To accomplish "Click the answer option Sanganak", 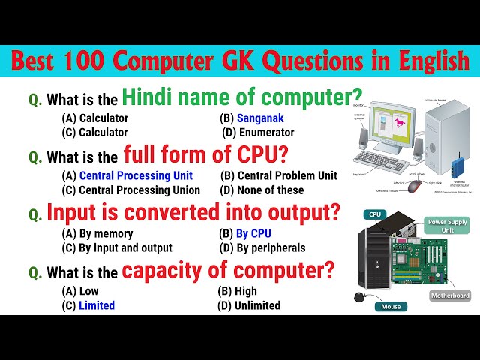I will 260,118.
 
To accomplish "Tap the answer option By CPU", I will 253,232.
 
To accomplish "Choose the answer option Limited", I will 97,305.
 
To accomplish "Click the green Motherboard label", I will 450,295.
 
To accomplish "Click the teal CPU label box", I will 375,215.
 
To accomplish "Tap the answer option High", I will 247,291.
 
